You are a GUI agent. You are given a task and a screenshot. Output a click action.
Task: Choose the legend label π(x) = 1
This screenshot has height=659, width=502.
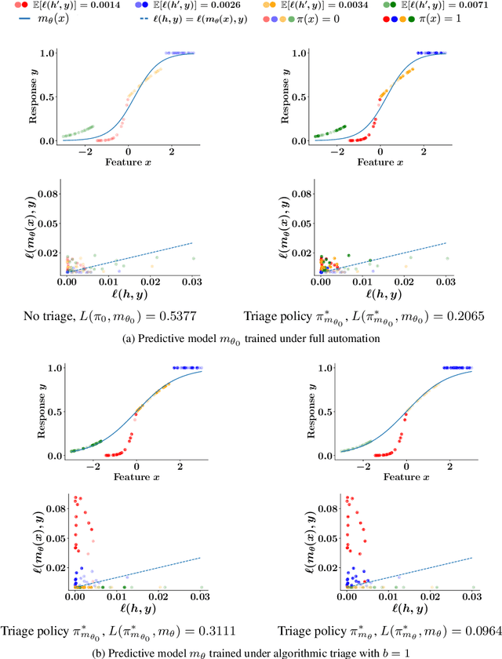click(478, 19)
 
